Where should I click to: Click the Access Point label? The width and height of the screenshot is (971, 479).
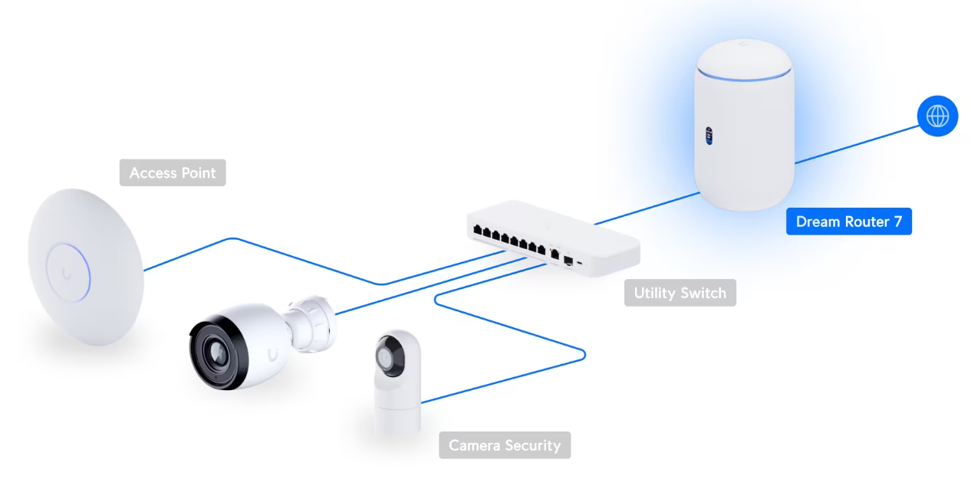173,172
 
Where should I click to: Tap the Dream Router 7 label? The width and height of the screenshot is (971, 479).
849,221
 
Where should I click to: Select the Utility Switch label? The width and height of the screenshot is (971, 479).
680,293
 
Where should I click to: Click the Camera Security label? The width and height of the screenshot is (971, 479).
505,445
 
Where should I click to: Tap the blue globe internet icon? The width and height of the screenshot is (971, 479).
937,116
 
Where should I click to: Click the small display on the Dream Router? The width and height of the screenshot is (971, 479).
709,136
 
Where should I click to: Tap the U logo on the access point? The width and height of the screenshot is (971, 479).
66,274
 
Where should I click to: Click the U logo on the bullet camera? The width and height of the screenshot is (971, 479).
272,355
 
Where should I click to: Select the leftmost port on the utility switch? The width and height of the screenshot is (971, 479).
478,230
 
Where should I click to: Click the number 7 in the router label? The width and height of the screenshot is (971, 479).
897,221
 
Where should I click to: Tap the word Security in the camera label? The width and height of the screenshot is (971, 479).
533,445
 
